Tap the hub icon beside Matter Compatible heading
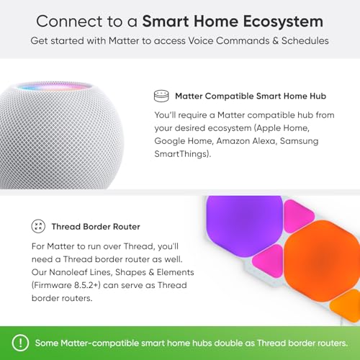[x=161, y=95]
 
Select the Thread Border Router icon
[x=37, y=226]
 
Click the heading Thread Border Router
[x=96, y=227]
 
